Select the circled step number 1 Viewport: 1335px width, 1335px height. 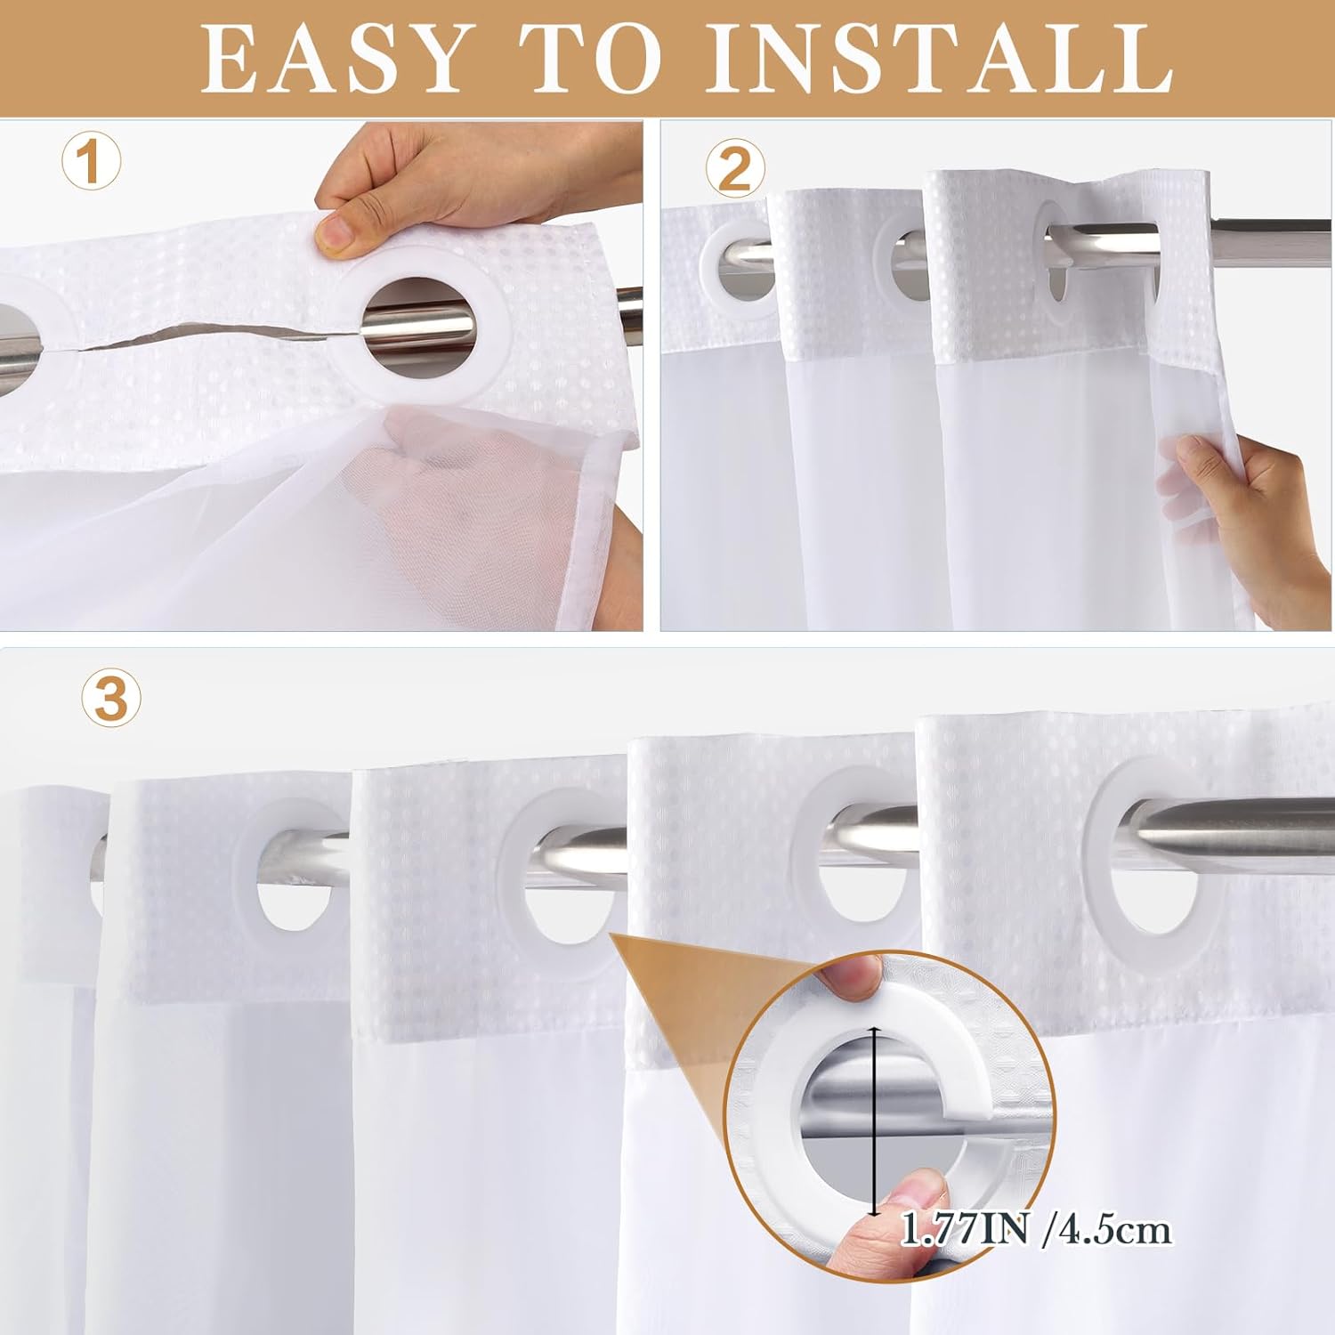click(91, 161)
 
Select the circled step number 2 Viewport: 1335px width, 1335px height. click(735, 169)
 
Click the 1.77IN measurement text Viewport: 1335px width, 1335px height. click(965, 1230)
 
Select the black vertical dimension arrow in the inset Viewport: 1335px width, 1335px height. click(876, 1121)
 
